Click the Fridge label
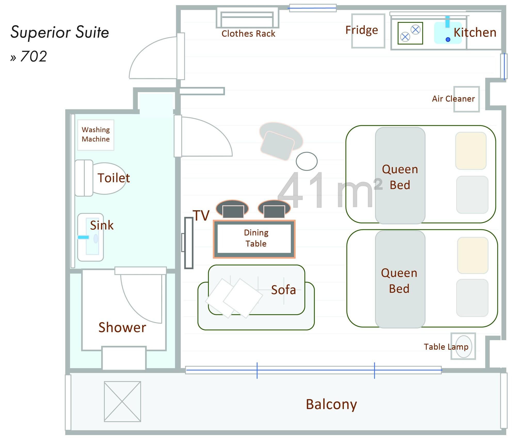361,30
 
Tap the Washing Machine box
96,135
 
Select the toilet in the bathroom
103,178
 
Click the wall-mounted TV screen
189,243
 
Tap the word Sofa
283,290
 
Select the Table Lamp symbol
463,346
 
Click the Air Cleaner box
466,99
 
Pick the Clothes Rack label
248,34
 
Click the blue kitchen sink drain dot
448,40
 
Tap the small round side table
307,161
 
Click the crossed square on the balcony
122,402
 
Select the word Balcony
331,404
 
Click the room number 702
34,56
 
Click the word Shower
122,327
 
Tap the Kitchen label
475,33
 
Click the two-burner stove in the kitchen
410,33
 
